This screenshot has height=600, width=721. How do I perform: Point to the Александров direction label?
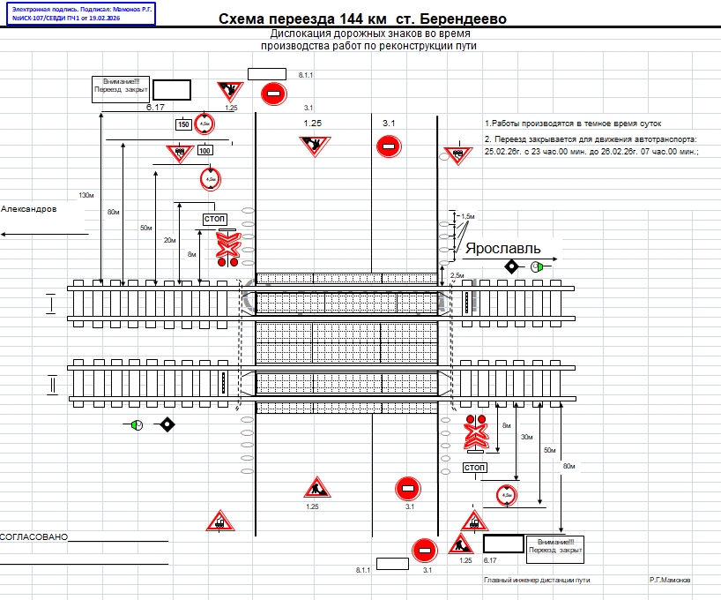click(x=29, y=209)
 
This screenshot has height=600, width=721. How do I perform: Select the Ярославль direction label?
click(x=502, y=248)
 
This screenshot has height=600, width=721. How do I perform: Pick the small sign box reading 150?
click(x=183, y=124)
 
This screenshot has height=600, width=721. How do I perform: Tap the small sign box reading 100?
click(x=204, y=151)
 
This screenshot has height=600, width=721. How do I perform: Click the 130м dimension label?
click(x=86, y=195)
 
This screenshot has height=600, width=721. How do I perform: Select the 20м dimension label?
click(x=170, y=240)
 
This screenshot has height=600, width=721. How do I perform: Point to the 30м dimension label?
click(x=527, y=437)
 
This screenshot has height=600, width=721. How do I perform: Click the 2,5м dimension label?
click(x=457, y=276)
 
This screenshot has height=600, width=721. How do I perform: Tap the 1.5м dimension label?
click(x=468, y=216)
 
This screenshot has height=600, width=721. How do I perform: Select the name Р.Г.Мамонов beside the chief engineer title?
click(x=670, y=580)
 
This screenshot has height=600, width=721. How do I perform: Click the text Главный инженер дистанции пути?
click(x=537, y=580)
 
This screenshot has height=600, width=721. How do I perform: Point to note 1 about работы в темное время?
click(x=572, y=124)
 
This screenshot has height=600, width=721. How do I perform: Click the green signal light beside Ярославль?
click(x=537, y=266)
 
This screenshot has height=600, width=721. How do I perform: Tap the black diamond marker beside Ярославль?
click(x=511, y=266)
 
